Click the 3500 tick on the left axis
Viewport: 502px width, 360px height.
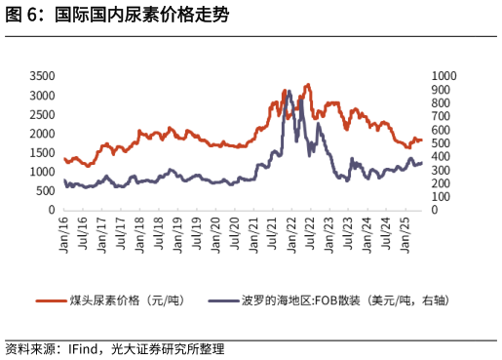[x=41, y=76]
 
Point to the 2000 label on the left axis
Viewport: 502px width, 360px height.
[x=41, y=134]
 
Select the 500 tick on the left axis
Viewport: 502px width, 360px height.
[x=45, y=190]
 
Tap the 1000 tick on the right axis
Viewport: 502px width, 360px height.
[x=443, y=76]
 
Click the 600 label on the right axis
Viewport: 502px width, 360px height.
[x=440, y=130]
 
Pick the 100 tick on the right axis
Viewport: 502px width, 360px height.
[x=440, y=196]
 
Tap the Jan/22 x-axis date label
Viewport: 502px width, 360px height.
[x=292, y=230]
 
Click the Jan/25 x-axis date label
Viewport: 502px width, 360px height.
[x=406, y=230]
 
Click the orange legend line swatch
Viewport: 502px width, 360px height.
[x=50, y=300]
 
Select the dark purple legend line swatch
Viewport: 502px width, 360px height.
[x=222, y=300]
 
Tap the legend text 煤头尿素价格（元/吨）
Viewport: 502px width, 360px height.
[x=127, y=300]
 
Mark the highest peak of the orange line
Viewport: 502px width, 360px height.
[x=308, y=85]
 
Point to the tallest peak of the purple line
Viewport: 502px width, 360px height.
[x=289, y=91]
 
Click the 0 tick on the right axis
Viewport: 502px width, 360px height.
[x=434, y=210]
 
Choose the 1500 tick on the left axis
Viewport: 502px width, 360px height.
[x=41, y=152]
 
